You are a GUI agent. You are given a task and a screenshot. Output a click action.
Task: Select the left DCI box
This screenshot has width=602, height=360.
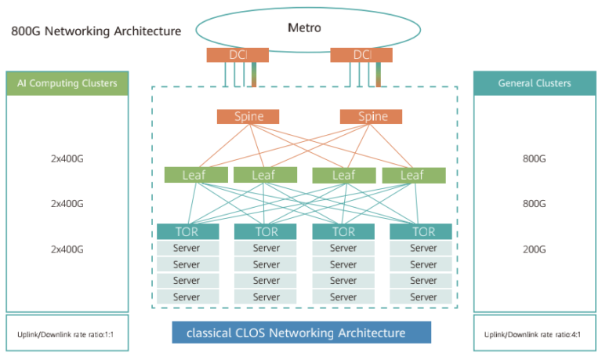(238, 55)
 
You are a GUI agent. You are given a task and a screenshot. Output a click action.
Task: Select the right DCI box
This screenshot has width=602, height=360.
(361, 55)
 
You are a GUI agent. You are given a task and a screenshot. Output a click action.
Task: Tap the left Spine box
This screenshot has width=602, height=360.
(248, 117)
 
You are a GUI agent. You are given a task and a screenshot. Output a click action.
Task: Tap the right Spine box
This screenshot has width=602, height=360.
(372, 117)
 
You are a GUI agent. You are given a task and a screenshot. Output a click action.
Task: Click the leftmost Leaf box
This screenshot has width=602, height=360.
(195, 175)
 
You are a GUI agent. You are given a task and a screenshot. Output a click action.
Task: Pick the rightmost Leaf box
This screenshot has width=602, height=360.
(414, 175)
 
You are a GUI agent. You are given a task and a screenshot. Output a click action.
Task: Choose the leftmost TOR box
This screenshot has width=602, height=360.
(187, 231)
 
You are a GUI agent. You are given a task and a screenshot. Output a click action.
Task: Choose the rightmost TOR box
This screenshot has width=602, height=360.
(423, 231)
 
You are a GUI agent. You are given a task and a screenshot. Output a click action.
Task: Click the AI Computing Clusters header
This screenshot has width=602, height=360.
(67, 83)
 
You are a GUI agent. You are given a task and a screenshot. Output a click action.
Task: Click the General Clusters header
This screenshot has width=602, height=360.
(535, 83)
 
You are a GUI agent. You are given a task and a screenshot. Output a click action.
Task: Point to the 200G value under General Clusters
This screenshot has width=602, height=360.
(534, 249)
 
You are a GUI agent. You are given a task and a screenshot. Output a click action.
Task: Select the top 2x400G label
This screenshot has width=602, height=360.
(67, 158)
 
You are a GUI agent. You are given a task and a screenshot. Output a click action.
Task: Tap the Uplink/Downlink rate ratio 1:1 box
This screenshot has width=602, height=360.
(67, 333)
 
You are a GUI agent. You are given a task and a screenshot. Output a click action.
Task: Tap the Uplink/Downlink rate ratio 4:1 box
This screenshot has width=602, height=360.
(535, 333)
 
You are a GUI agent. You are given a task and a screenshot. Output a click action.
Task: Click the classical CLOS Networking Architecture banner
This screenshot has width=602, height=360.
(302, 333)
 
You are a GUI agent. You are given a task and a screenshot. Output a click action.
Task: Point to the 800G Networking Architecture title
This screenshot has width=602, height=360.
(96, 31)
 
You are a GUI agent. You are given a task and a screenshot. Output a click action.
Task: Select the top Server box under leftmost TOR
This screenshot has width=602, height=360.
(187, 248)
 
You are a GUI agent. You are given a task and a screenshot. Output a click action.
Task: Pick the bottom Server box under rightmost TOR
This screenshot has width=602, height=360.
(423, 297)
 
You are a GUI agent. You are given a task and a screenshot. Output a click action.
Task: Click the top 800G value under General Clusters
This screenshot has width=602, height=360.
(534, 158)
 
